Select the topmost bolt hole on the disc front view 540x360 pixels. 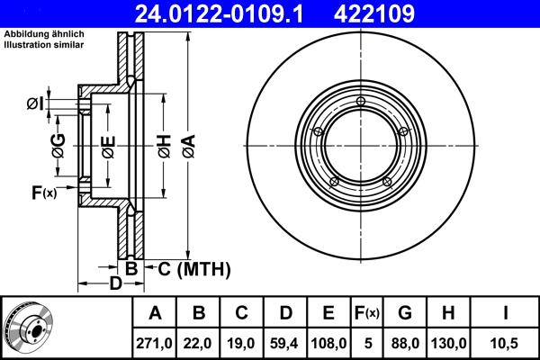click(360, 100)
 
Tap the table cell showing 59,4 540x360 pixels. click(285, 342)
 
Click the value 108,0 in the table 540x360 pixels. click(329, 342)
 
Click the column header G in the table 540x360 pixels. click(404, 312)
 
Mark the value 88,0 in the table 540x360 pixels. click(404, 342)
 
